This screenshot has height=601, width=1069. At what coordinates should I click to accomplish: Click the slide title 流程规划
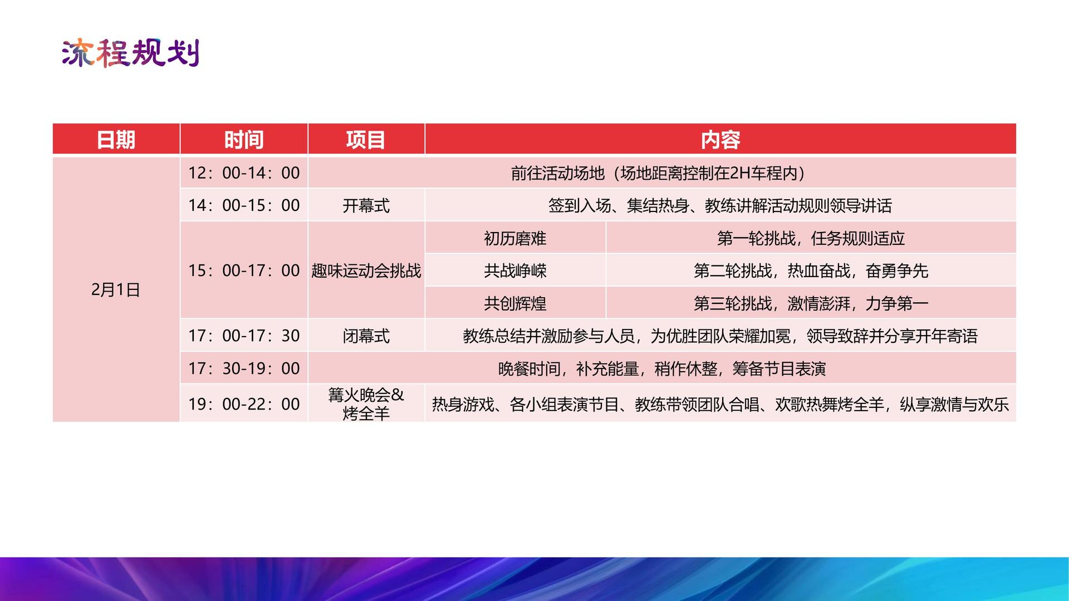130,53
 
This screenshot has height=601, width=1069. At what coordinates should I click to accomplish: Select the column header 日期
116,140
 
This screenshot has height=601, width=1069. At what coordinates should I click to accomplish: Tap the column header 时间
244,140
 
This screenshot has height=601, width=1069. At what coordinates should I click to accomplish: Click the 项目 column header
366,140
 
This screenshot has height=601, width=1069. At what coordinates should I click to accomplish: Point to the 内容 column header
720,140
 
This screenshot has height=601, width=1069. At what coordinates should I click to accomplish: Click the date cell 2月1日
116,289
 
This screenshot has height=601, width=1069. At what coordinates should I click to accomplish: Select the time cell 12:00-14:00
244,173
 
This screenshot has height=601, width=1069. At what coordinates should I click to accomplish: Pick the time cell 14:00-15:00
244,205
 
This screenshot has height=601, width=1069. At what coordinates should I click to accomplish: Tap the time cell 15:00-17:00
244,270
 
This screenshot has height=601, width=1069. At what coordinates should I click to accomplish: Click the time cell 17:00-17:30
244,336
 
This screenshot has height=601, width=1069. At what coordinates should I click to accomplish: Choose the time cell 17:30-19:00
244,368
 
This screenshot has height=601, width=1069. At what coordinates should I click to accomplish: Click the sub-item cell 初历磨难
515,239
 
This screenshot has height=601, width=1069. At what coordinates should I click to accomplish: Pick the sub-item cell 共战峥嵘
515,271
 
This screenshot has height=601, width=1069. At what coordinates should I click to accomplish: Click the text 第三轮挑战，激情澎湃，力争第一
811,304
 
